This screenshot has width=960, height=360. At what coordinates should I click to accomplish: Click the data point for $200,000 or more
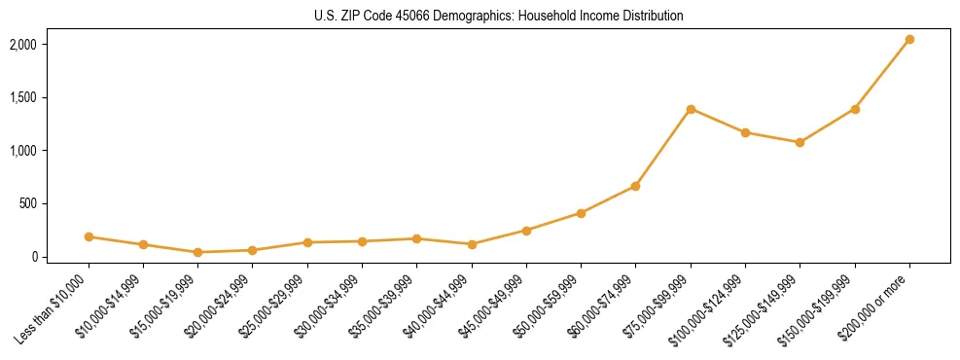pyautogui.click(x=909, y=40)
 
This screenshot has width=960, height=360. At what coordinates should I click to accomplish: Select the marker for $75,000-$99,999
pyautogui.click(x=691, y=109)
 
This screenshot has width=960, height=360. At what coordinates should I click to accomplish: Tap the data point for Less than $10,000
pyautogui.click(x=89, y=236)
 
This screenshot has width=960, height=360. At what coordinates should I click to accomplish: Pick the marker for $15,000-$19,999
pyautogui.click(x=198, y=252)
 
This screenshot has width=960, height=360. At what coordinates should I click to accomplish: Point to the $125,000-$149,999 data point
pyautogui.click(x=800, y=142)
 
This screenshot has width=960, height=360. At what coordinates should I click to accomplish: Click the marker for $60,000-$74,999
pyautogui.click(x=636, y=186)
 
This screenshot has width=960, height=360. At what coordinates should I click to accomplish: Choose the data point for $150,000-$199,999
pyautogui.click(x=855, y=109)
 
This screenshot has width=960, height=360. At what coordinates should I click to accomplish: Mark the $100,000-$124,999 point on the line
pyautogui.click(x=745, y=132)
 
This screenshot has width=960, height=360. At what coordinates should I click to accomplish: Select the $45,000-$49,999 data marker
pyautogui.click(x=526, y=231)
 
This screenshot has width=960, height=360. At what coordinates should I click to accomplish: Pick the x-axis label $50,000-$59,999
pyautogui.click(x=547, y=306)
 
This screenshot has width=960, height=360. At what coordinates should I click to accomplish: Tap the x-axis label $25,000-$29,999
pyautogui.click(x=273, y=306)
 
